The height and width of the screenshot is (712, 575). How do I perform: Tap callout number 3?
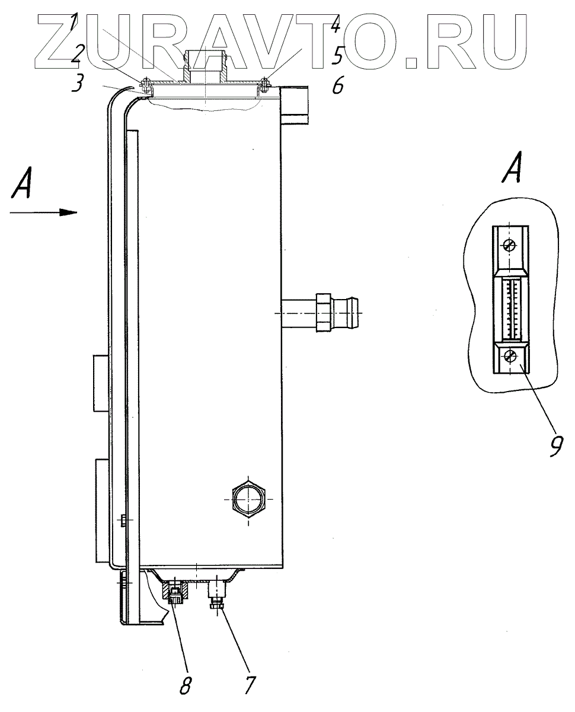click(76, 84)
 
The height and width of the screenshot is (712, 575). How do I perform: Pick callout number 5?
click(337, 57)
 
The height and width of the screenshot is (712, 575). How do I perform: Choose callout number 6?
click(337, 87)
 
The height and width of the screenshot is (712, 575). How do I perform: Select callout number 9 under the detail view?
click(555, 445)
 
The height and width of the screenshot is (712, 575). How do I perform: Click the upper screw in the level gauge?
click(509, 245)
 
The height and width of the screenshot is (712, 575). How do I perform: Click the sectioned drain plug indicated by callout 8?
click(175, 592)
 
